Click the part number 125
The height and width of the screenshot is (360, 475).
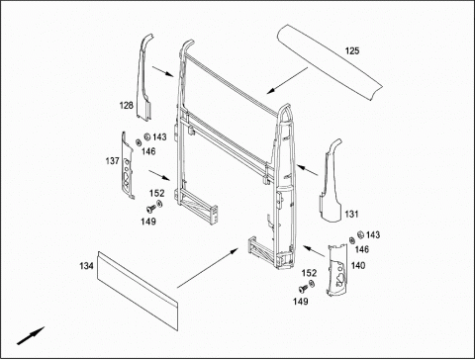352,50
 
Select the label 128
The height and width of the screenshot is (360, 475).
127,106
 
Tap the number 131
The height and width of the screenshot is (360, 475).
351,214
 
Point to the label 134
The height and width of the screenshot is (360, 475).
86,266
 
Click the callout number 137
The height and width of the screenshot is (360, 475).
112,161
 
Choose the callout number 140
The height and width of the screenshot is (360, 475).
358,265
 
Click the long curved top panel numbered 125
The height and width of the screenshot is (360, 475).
329,61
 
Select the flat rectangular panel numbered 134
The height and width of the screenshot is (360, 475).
138,290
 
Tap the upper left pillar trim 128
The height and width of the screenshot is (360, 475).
144,79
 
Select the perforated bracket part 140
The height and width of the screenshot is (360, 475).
336,270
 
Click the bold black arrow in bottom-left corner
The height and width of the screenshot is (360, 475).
31,336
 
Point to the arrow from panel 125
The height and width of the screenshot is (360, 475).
287,80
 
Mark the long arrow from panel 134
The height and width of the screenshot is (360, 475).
208,268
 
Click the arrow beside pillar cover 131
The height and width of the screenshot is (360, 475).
308,170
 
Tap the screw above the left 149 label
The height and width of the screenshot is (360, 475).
151,209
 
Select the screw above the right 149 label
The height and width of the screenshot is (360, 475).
303,289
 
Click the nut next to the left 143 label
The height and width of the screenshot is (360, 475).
147,136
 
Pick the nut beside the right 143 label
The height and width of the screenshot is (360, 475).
360,234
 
